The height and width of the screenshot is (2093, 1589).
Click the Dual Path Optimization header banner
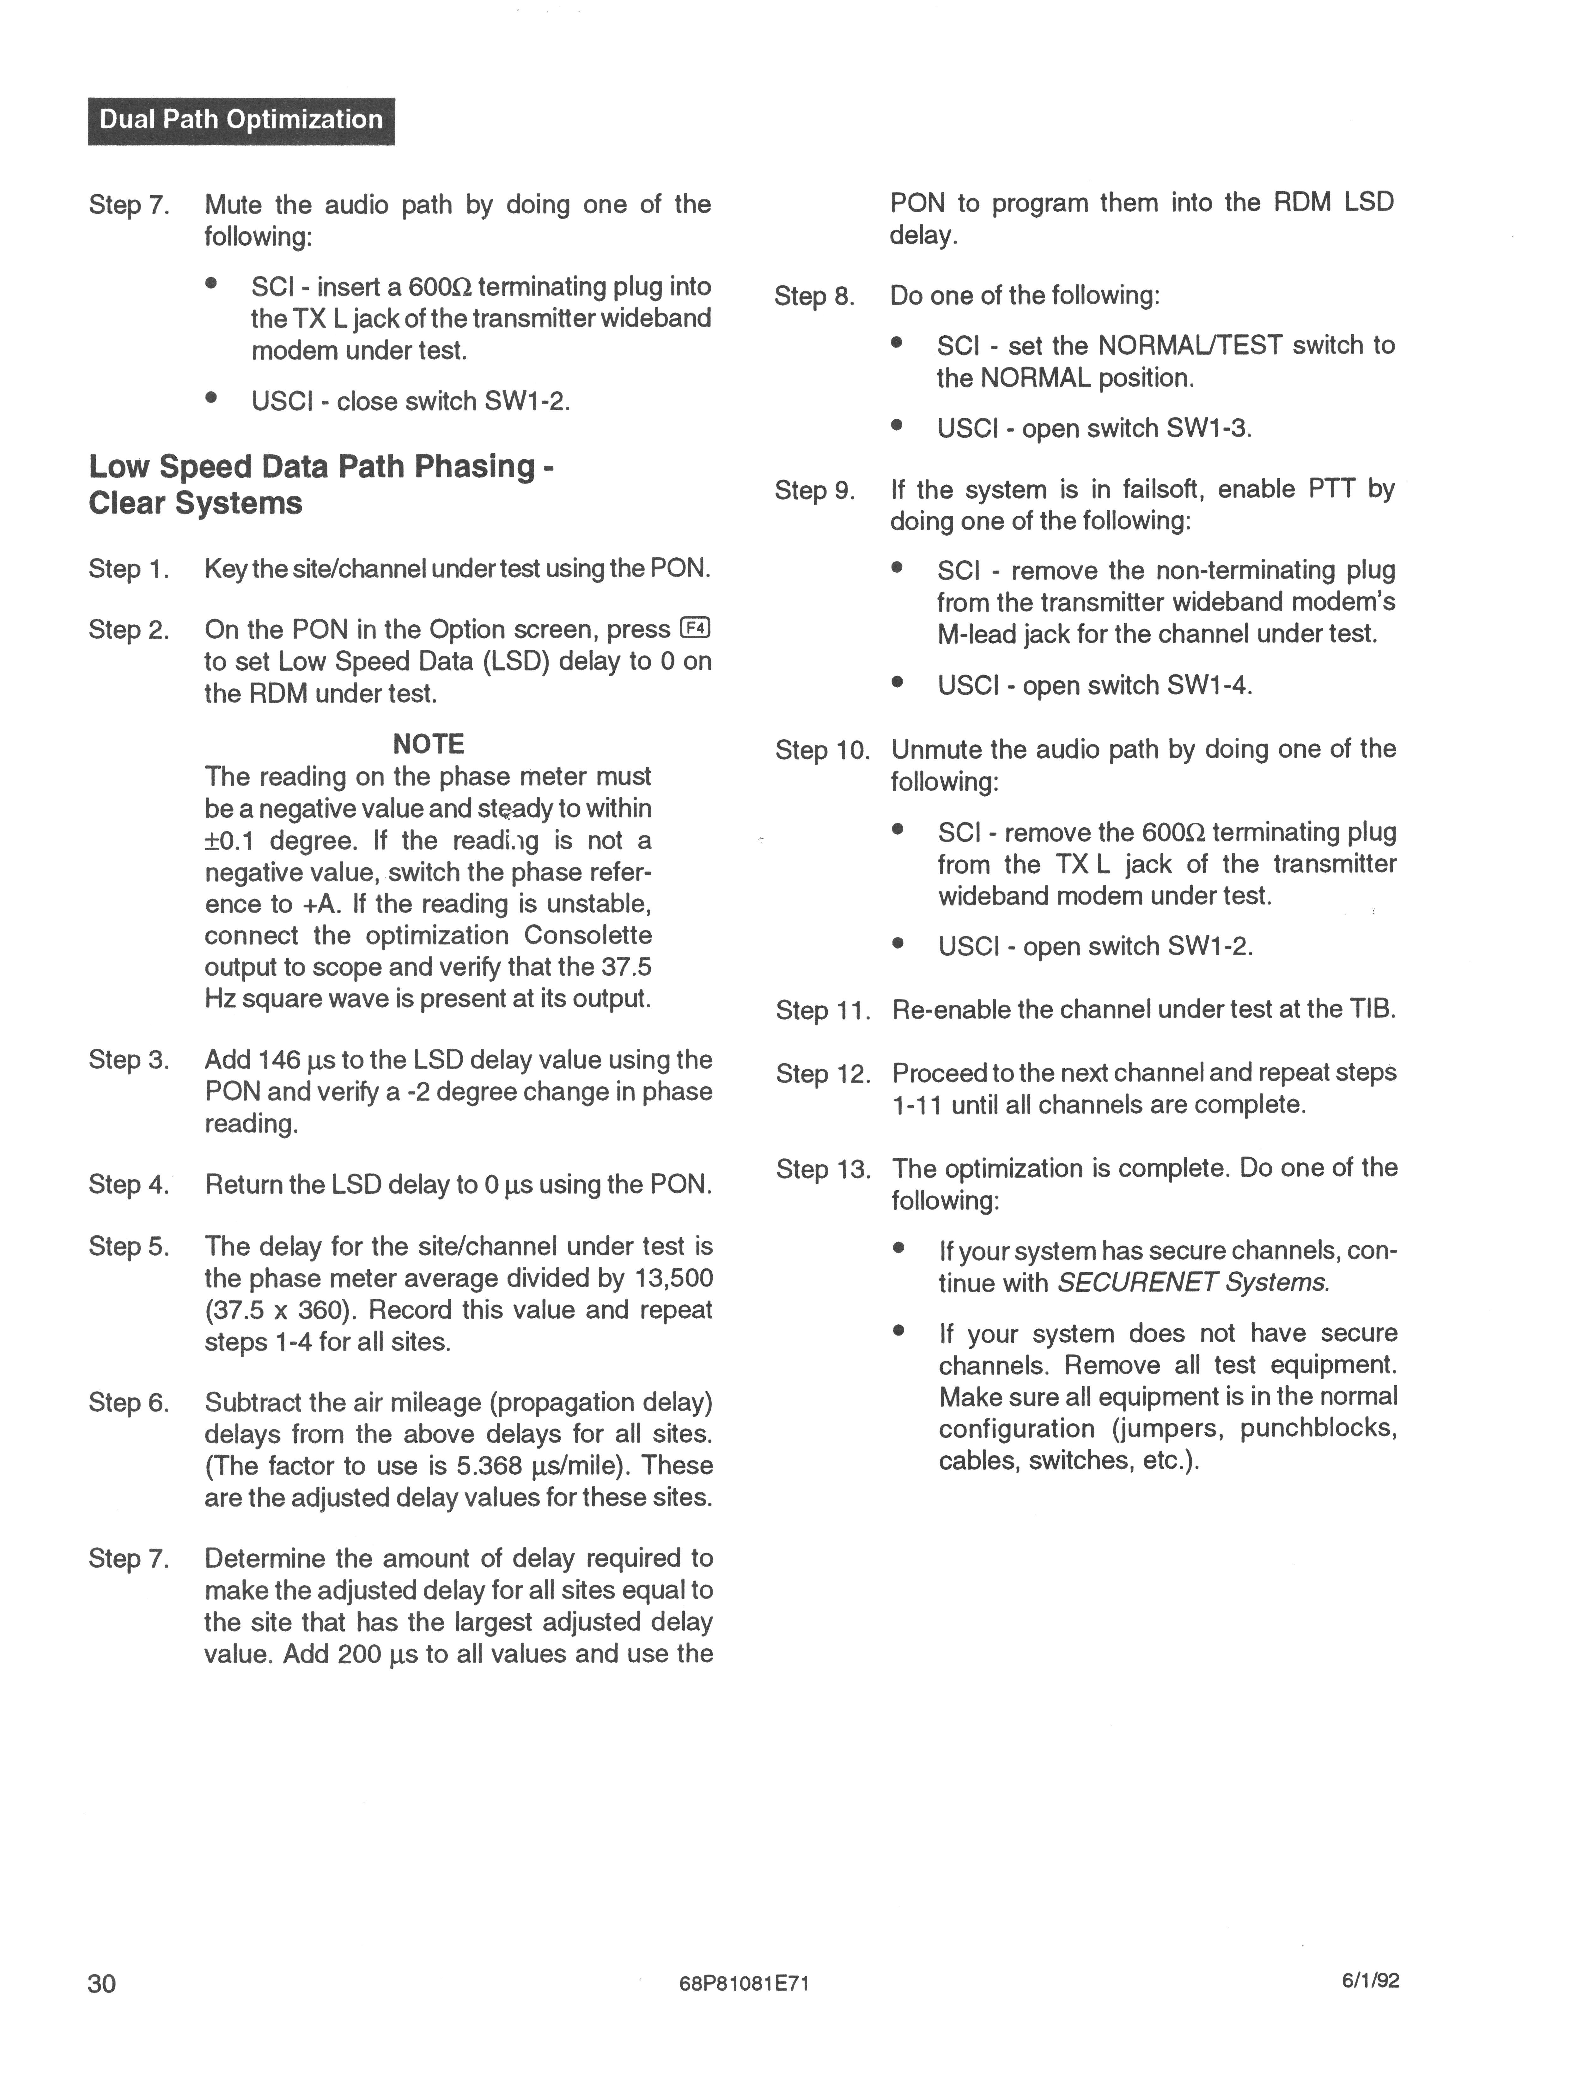click(x=241, y=120)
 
